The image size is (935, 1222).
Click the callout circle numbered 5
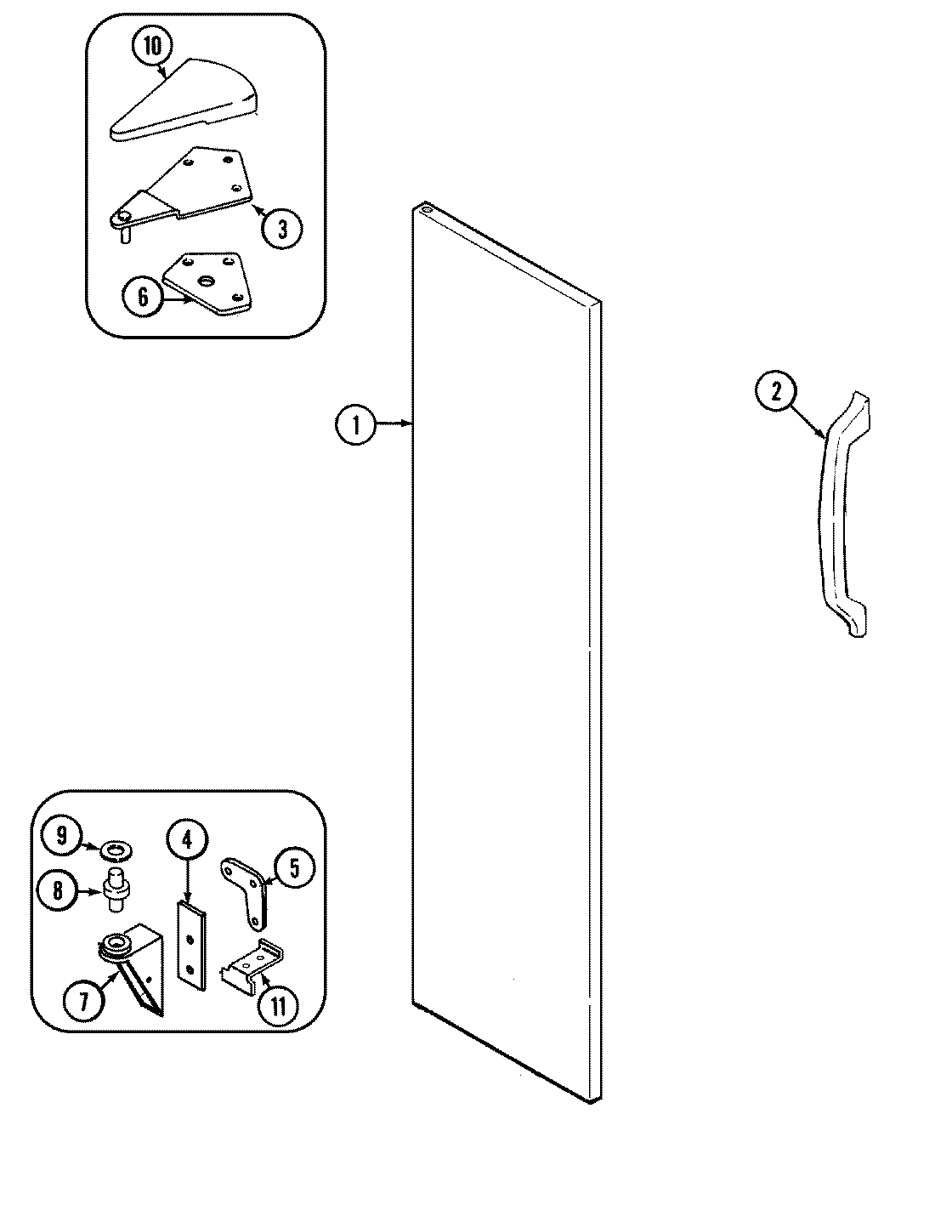point(293,868)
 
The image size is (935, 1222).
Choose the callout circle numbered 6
point(142,297)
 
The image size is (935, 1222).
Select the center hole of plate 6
point(207,281)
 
